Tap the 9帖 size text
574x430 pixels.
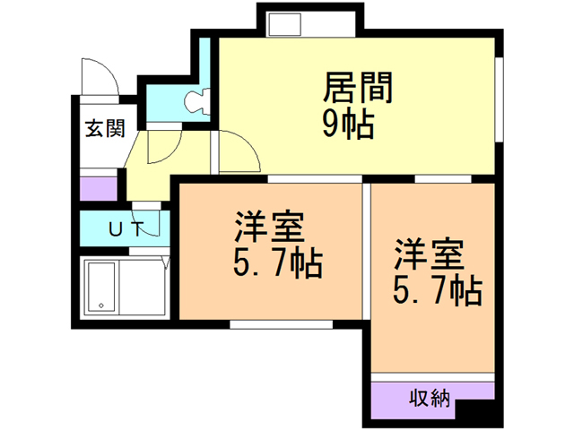pyautogui.click(x=348, y=125)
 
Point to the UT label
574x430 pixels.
pyautogui.click(x=125, y=228)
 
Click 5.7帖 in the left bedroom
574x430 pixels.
pyautogui.click(x=270, y=264)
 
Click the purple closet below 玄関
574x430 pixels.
pyautogui.click(x=99, y=189)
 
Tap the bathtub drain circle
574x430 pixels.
pyautogui.click(x=101, y=305)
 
